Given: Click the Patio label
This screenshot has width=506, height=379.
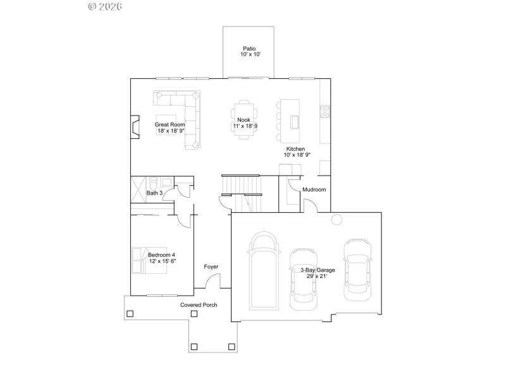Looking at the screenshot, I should click(x=248, y=49).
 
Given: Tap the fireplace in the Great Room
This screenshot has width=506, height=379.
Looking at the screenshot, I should click(x=134, y=126).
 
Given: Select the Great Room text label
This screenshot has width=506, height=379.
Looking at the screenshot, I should click(x=170, y=125).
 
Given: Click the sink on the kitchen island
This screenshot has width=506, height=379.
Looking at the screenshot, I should click(x=294, y=121).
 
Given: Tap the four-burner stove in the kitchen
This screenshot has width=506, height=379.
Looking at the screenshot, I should click(x=325, y=112).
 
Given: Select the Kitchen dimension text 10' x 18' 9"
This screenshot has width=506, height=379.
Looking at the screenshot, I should click(x=297, y=155).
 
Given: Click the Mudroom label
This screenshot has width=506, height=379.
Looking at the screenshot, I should click(x=314, y=189).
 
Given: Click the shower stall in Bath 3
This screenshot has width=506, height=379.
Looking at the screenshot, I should click(x=139, y=189).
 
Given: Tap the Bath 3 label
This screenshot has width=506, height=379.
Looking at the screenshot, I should click(x=155, y=193).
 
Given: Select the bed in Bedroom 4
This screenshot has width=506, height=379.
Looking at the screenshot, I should click(x=147, y=258).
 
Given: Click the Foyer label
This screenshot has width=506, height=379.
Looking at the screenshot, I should click(x=211, y=267).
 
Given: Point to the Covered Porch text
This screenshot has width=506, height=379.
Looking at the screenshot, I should click(x=199, y=305).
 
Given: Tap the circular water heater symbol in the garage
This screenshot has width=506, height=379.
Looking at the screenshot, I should click(x=337, y=219).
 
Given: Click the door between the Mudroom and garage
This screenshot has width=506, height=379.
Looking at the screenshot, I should click(x=310, y=206).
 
